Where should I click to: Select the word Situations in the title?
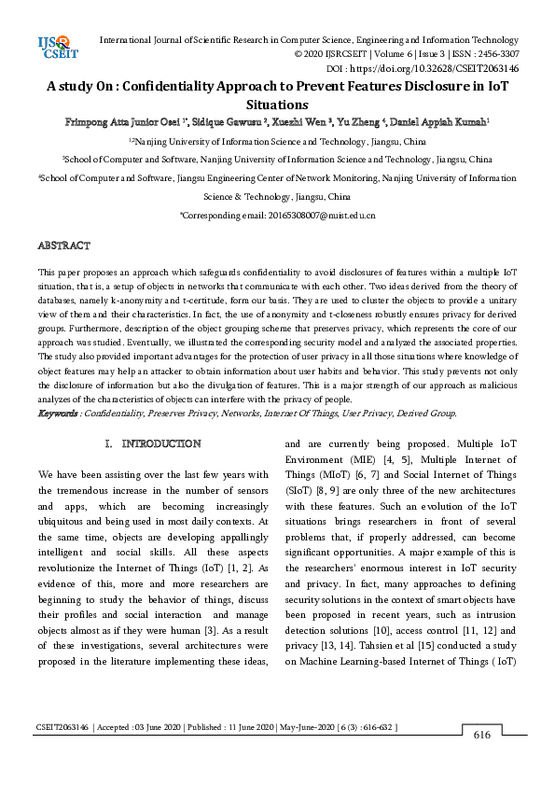(277, 105)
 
